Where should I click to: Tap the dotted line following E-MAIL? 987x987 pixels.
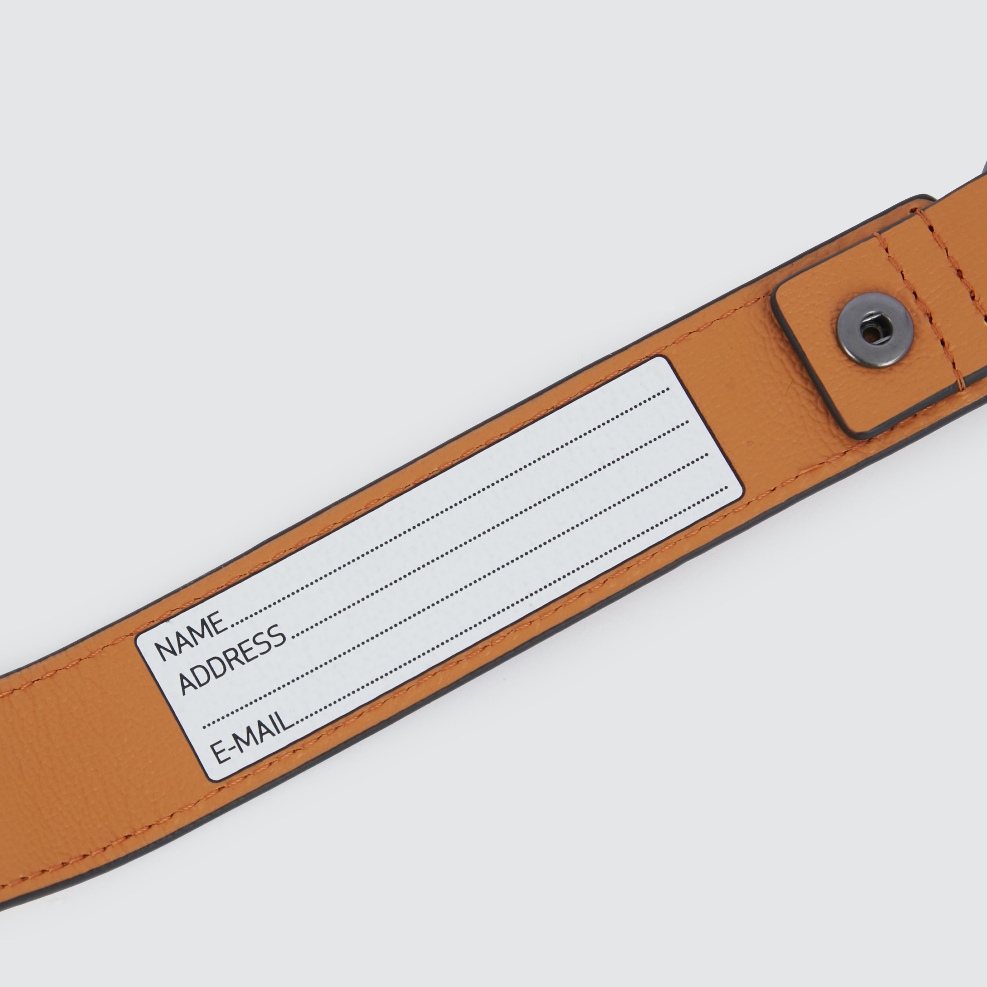511,603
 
